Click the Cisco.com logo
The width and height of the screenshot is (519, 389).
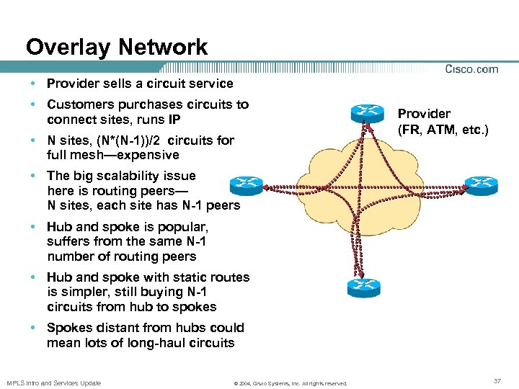click(x=471, y=69)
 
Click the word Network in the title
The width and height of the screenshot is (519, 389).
click(x=163, y=48)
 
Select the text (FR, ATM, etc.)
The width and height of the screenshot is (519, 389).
click(x=443, y=130)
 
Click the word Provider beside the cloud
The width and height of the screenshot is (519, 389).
click(x=425, y=114)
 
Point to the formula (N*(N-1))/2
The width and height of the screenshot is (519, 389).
click(x=128, y=140)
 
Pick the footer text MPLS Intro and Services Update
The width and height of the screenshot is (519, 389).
click(x=53, y=383)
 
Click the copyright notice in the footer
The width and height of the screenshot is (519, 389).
click(x=290, y=383)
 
